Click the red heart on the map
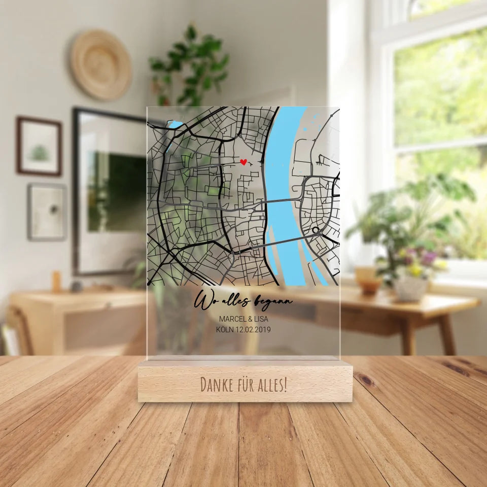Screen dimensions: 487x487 point(243,162)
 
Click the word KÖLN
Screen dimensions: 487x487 point(223,329)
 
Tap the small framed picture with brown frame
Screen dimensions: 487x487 point(39,146)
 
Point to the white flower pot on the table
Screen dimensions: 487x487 point(410,288)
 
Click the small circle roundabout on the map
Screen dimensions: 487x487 point(316,230)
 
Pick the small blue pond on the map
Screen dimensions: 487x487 point(175,124)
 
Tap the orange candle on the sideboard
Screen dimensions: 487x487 point(56,282)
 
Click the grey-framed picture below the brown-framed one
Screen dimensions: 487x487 point(47,212)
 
